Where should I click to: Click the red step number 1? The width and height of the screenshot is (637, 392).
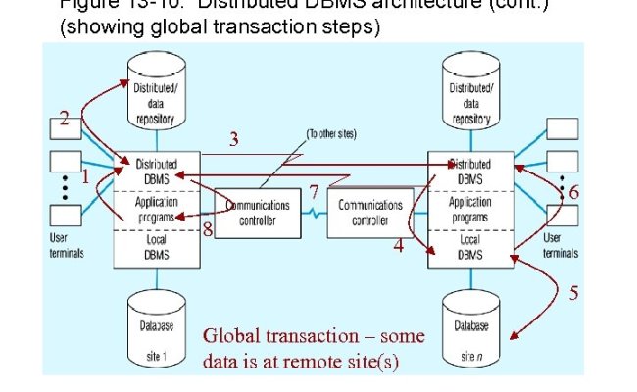[x=85, y=178]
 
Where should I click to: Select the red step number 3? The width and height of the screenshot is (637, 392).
[x=233, y=139]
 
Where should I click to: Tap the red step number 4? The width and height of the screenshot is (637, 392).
[x=398, y=247]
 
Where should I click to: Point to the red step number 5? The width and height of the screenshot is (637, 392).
[x=573, y=292]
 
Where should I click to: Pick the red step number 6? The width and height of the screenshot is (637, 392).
[x=573, y=193]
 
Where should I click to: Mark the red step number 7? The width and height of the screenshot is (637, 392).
[x=314, y=190]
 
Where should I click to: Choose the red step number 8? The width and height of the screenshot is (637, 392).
[x=208, y=231]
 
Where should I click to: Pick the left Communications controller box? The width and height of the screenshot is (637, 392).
[x=258, y=213]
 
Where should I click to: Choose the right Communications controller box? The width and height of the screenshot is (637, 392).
[x=370, y=212]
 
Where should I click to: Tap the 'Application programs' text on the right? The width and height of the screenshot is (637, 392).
[x=469, y=208]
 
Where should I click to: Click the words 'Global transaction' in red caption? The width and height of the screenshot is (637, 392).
[x=260, y=337]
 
